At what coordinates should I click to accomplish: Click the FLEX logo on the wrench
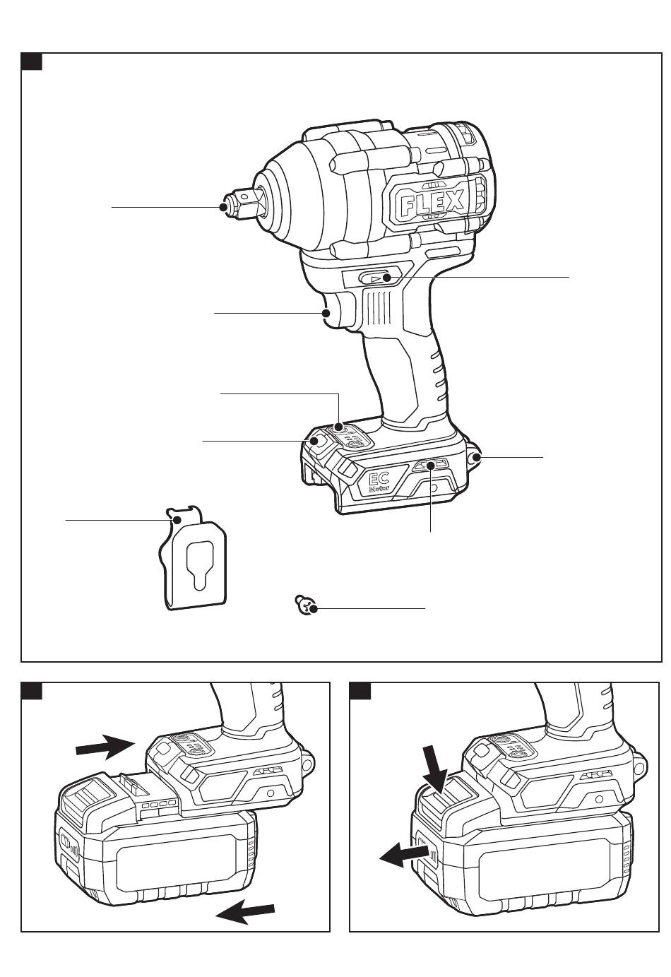(x=433, y=203)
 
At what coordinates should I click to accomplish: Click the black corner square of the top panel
(x=32, y=62)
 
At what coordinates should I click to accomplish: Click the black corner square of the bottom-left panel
(x=32, y=691)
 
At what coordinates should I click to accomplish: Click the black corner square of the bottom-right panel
(x=361, y=691)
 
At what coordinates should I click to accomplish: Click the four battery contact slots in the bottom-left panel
(x=158, y=805)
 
